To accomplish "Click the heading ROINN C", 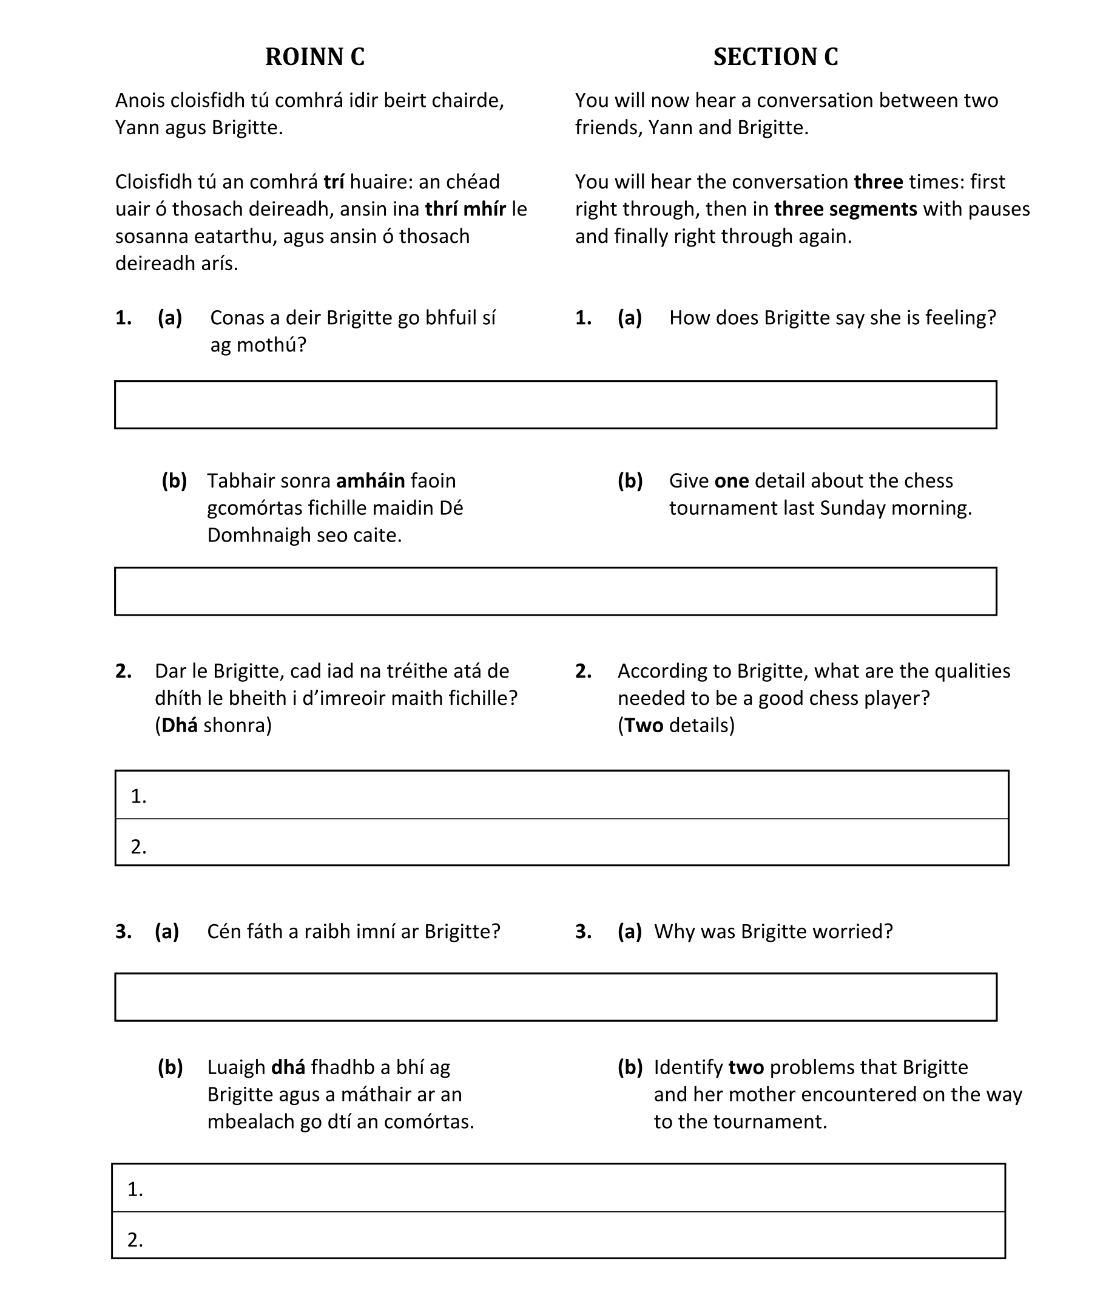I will tap(315, 56).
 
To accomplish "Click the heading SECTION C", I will tap(775, 56).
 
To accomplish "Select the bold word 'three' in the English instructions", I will tap(878, 182).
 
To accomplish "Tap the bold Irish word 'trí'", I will tap(334, 182).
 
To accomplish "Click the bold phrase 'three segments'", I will tap(845, 209).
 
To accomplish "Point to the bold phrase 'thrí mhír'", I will tap(465, 209).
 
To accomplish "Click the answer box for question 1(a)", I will tap(555, 404).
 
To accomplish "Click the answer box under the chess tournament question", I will tap(555, 591).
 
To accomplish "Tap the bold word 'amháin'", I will tap(370, 481).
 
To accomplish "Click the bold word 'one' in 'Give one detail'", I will tap(731, 481).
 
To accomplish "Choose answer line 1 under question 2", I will tap(561, 795).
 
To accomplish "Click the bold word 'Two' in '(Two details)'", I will tap(644, 726).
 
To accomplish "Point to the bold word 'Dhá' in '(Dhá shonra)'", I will tap(180, 726).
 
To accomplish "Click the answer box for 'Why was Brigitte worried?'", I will tap(555, 997).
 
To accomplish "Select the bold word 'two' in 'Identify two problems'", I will tap(746, 1067).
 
